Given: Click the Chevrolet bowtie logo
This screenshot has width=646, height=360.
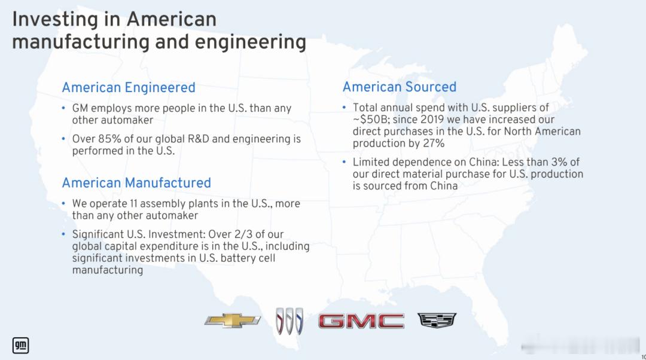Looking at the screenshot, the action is (232, 321).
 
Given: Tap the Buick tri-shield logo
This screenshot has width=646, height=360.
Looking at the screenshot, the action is (290, 321).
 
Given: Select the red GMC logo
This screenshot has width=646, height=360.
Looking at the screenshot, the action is (361, 321).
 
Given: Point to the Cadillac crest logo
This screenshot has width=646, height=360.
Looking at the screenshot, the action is (437, 320).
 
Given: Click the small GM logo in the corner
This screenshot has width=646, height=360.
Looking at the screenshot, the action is (20, 345).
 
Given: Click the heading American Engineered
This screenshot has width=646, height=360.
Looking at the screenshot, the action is (129, 87).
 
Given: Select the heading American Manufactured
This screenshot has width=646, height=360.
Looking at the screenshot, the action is (136, 183).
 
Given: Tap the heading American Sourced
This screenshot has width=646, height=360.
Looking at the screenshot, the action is (400, 87).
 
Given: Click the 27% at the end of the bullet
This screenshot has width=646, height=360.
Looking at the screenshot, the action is (434, 144).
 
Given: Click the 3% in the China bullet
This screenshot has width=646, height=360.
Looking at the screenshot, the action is (560, 162).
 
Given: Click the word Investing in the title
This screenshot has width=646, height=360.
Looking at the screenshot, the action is (56, 19).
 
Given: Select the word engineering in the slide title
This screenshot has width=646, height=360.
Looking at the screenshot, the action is (250, 42).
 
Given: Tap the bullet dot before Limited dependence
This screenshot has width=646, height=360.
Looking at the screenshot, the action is (344, 162).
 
